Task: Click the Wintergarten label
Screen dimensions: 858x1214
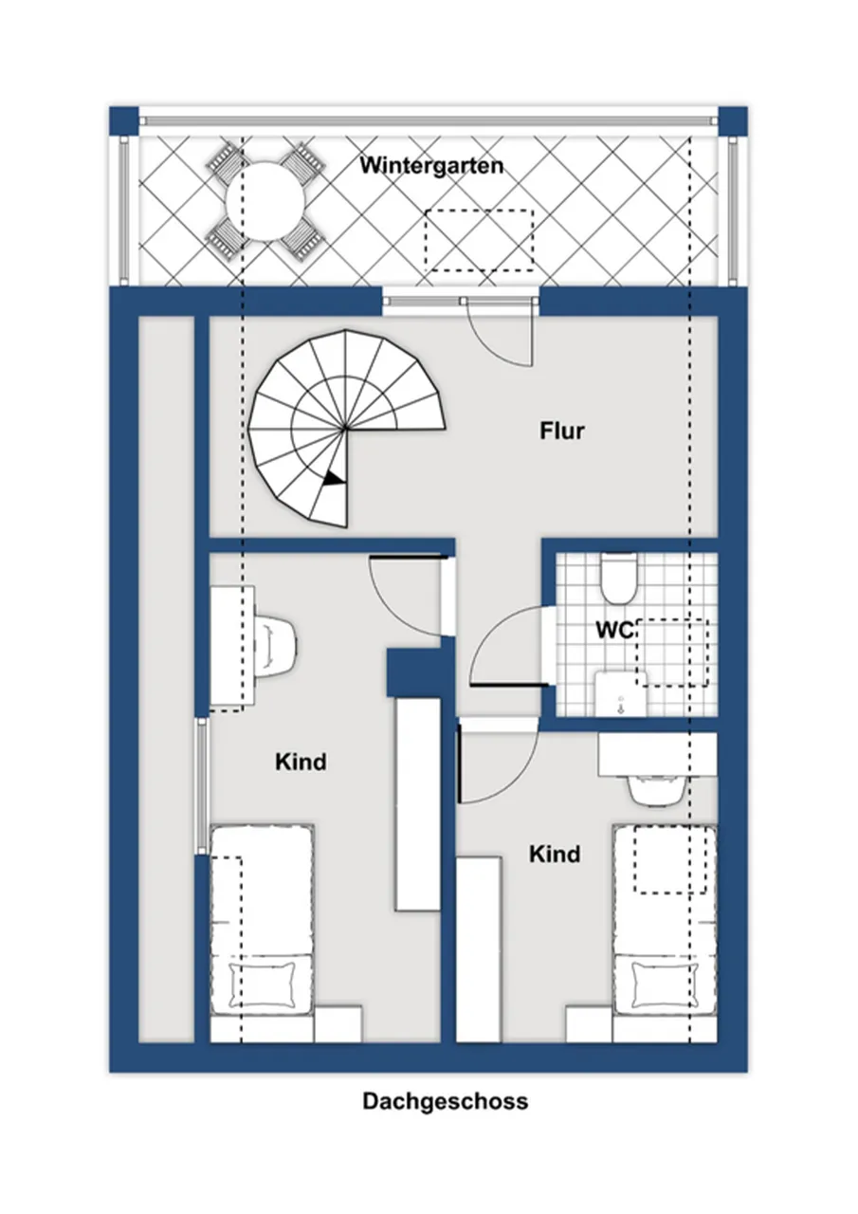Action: pos(431,166)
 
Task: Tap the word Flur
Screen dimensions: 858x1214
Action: pos(561,431)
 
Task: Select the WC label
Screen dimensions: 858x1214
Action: pos(615,631)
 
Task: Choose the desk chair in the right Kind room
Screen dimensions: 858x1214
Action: pos(655,792)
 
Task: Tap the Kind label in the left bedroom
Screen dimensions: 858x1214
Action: pos(301,762)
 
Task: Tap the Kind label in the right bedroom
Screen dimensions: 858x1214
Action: pos(554,854)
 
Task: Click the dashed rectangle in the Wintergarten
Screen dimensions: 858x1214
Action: pos(479,241)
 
